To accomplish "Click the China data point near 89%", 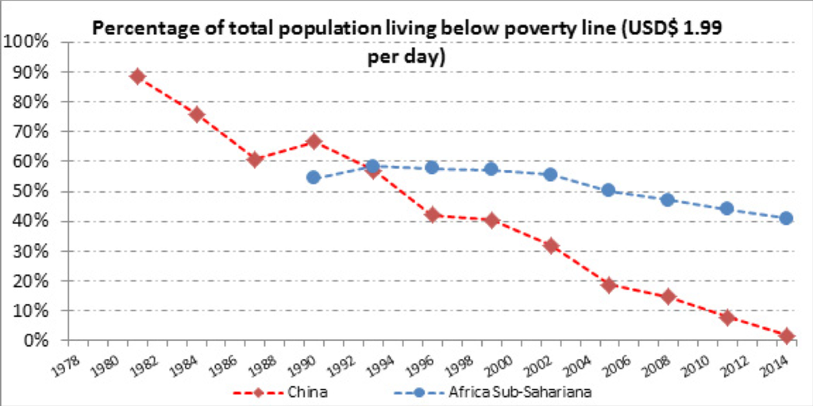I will (x=137, y=76).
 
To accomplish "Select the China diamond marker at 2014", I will (x=787, y=336).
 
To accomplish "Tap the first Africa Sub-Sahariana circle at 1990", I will (x=313, y=177).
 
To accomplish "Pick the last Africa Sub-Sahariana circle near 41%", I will (x=787, y=218).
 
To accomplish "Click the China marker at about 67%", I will (x=313, y=141).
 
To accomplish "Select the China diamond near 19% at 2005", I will (x=609, y=285).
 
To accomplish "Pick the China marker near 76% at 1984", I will (x=197, y=114).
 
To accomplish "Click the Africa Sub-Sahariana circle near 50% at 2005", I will (x=609, y=190).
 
